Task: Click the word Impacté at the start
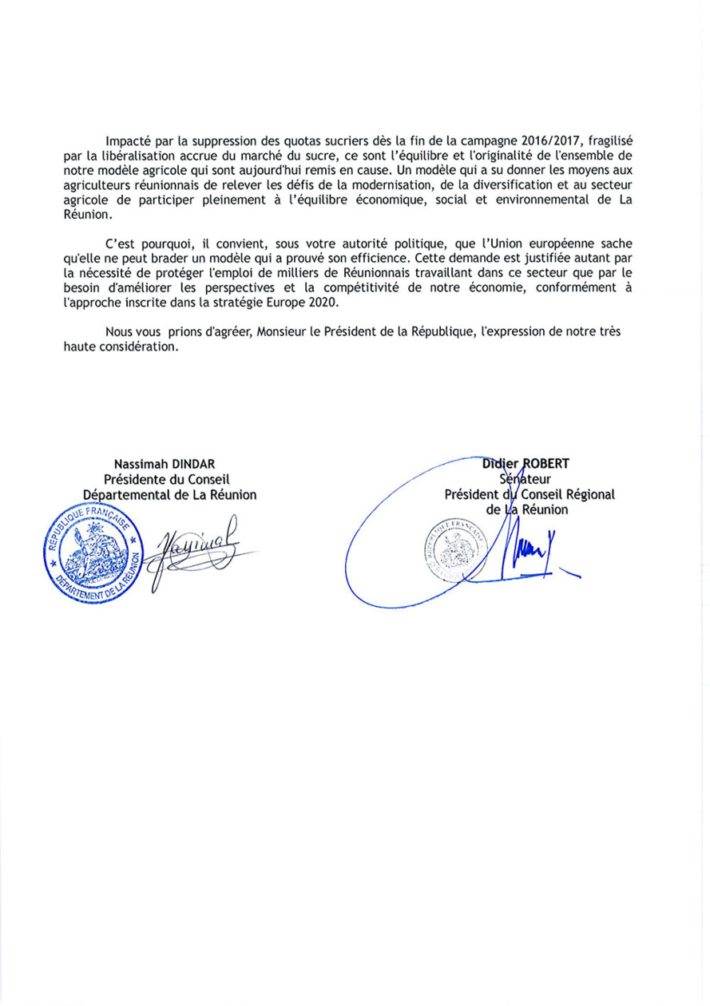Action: (129, 141)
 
